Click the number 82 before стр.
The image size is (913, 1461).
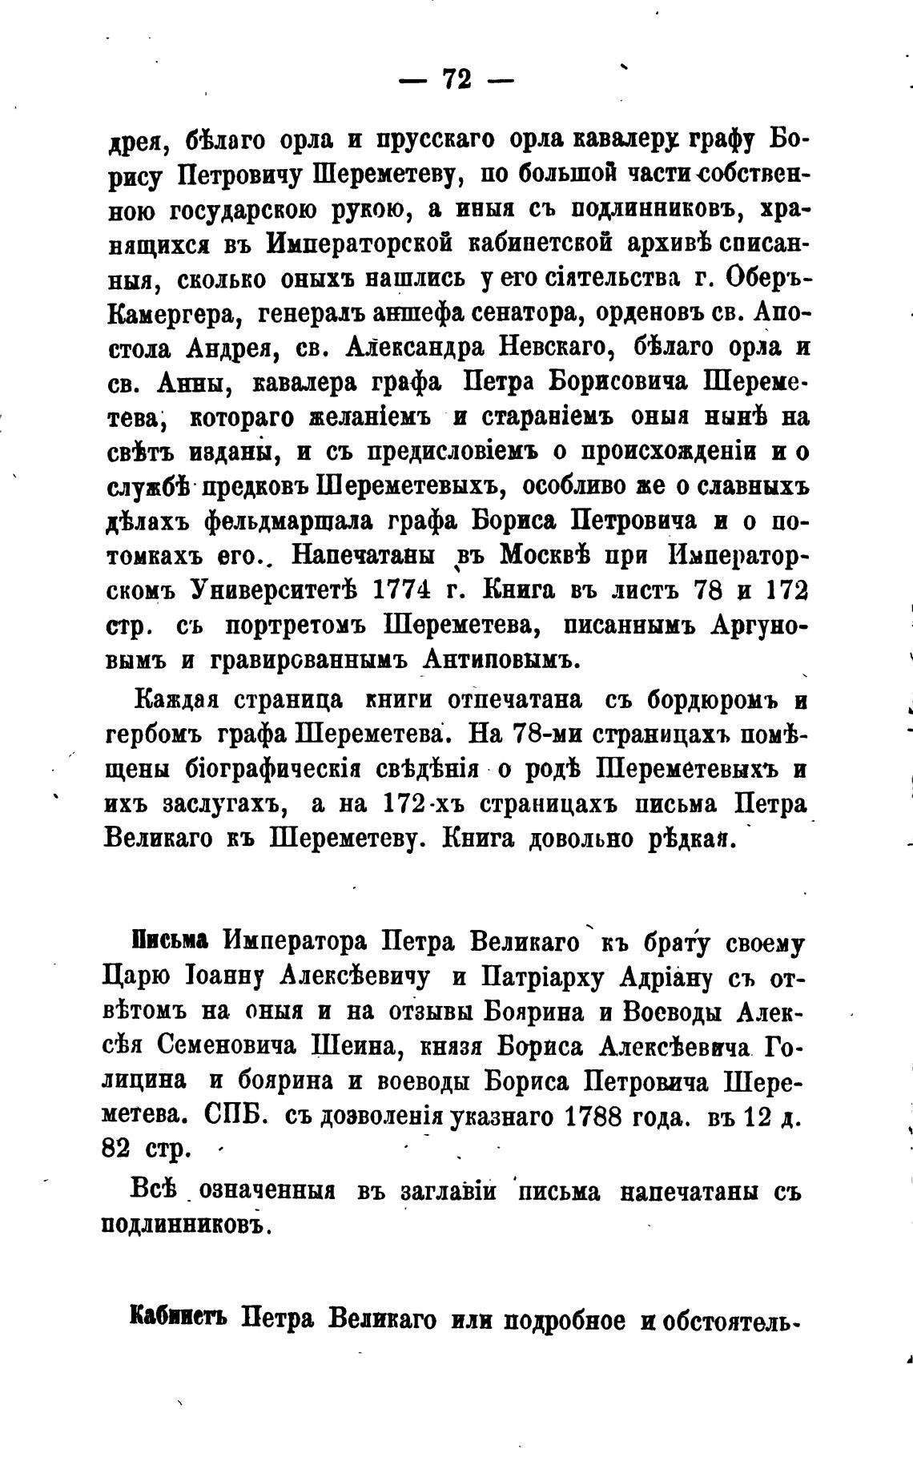pos(119,1150)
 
